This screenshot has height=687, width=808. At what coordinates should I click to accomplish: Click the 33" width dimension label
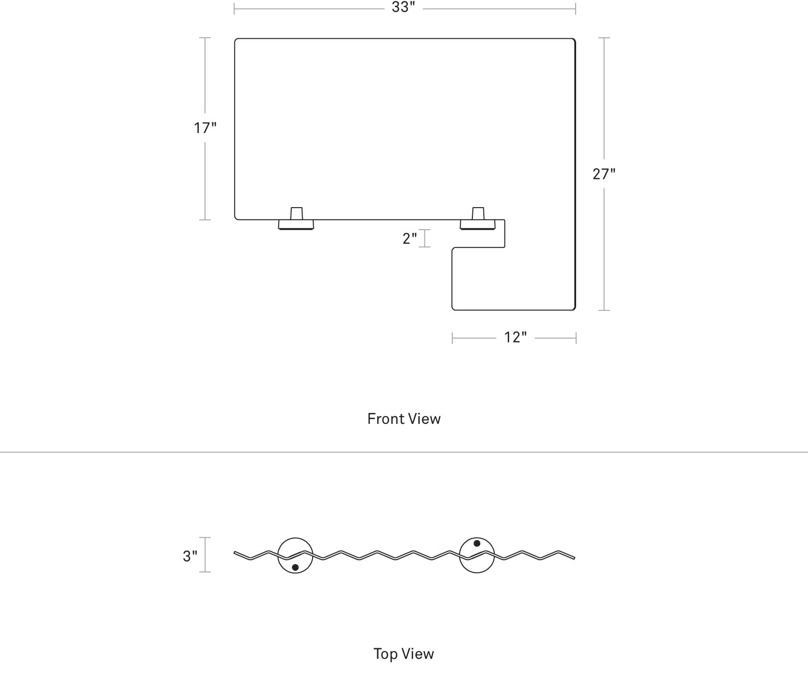coord(403,8)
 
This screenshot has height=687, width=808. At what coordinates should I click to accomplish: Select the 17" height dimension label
coord(205,128)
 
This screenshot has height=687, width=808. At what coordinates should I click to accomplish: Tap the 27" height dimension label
coord(604,174)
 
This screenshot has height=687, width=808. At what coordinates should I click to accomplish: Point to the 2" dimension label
coord(410,238)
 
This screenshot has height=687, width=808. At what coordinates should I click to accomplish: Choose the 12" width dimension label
coord(515,338)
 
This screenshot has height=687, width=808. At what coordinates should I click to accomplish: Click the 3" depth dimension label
coord(190,556)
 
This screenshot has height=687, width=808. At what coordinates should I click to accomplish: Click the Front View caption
coord(404,419)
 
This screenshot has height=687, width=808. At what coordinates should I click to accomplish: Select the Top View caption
coord(404,654)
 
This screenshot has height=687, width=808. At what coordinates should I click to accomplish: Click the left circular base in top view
coord(295,538)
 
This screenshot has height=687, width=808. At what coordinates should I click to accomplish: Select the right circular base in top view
coord(477,538)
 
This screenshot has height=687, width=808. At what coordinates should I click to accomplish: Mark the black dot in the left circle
coord(295,567)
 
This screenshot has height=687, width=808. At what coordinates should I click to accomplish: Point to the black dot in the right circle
coord(477,543)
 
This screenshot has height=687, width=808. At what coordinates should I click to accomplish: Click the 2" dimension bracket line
coord(425,238)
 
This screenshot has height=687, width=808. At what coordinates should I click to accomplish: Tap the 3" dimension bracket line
coord(206,555)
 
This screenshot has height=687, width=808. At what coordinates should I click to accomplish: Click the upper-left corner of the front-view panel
coord(235,39)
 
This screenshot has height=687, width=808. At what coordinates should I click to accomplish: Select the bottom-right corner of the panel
coord(575,310)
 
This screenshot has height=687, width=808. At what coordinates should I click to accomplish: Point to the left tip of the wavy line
coord(234,553)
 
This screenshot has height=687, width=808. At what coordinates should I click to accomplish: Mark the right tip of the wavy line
coord(574,558)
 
